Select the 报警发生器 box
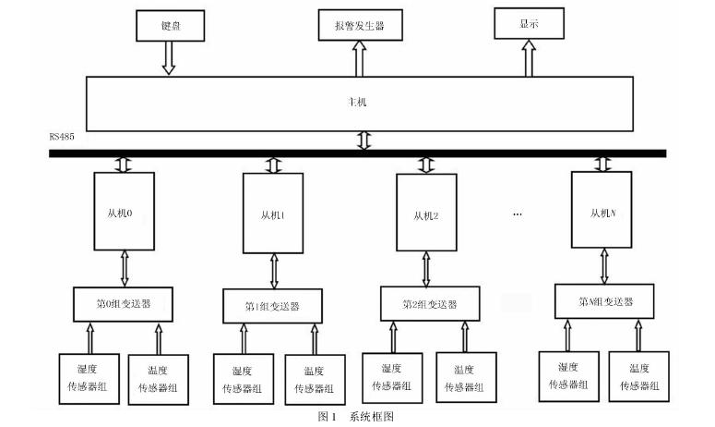[x=351, y=26]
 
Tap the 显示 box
[x=529, y=24]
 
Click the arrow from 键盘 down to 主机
[x=169, y=58]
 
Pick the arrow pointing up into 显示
[x=529, y=57]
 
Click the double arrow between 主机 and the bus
[x=363, y=140]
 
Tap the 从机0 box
[x=125, y=212]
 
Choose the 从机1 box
[x=273, y=214]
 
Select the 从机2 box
[x=426, y=215]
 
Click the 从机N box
[x=603, y=213]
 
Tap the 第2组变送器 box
[x=429, y=302]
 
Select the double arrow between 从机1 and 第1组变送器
[x=273, y=272]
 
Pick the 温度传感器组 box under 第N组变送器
[x=638, y=376]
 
